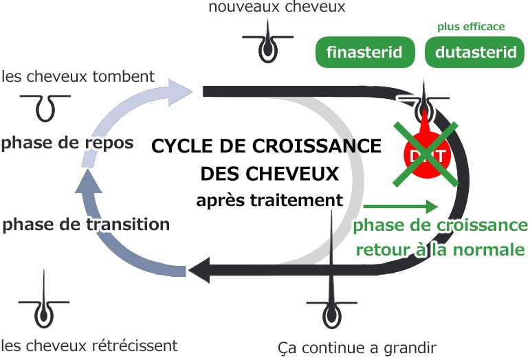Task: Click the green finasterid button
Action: point(364,52)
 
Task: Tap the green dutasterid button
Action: point(476,52)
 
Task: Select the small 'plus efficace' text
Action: point(471,27)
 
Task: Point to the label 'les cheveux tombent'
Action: point(78,76)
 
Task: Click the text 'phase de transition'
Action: point(86,224)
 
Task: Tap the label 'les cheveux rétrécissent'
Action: point(89,345)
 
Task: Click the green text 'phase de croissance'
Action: point(440,225)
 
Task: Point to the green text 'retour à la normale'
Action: point(440,249)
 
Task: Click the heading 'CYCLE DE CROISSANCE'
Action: point(266,146)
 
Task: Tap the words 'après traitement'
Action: point(269,201)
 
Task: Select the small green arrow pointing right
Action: point(401,206)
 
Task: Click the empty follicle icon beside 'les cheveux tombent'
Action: point(46,104)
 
